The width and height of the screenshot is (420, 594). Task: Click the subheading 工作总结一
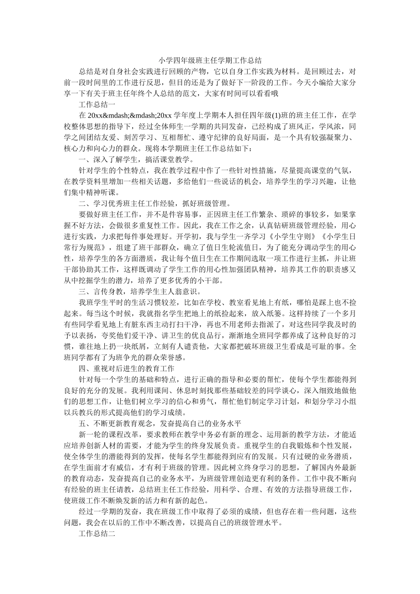click(97, 105)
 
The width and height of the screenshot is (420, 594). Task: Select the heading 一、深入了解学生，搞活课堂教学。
click(136, 160)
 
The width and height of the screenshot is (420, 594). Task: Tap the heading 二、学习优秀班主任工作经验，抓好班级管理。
click(155, 204)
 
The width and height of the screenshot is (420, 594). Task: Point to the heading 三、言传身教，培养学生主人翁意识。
click(140, 291)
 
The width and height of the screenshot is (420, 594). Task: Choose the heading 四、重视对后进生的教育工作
click(126, 368)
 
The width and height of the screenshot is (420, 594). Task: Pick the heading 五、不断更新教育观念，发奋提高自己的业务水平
click(160, 423)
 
